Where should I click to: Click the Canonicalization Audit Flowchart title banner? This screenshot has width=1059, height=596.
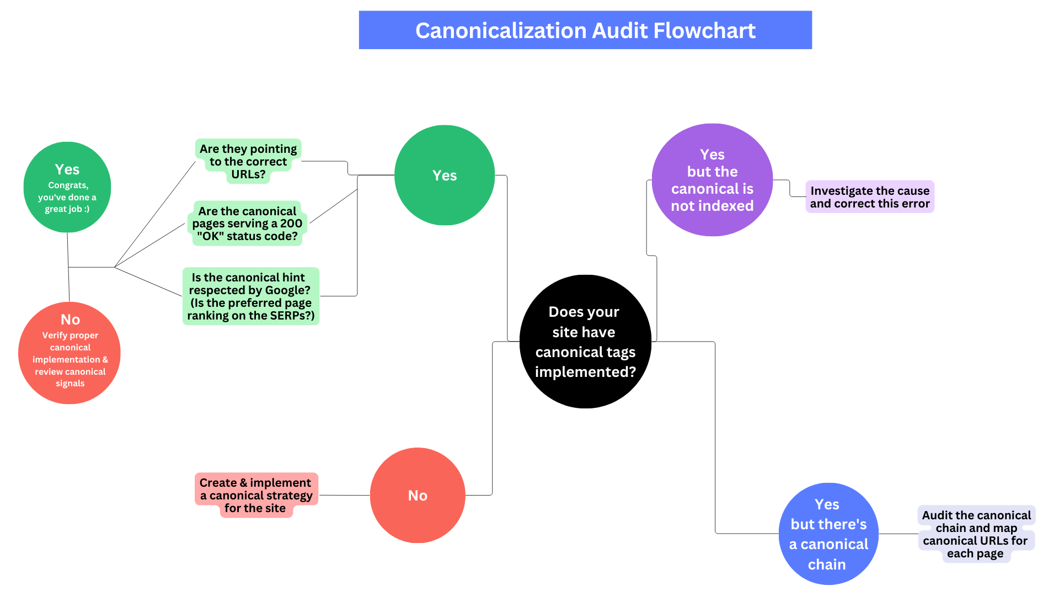tap(585, 30)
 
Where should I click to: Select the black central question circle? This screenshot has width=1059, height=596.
tap(585, 342)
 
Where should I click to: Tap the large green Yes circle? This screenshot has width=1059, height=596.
tap(445, 175)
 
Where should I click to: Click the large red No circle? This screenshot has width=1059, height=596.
tap(418, 495)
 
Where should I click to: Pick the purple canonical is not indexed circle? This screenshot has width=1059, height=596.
tap(712, 180)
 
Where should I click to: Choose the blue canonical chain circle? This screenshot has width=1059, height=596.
tap(828, 534)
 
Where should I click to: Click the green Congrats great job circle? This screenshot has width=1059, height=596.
tap(67, 187)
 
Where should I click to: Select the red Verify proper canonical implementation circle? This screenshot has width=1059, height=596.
tap(69, 353)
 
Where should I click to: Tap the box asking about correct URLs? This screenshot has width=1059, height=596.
tap(248, 161)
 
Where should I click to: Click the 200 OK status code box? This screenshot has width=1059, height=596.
tap(247, 223)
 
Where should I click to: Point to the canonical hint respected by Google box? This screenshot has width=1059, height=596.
tap(251, 296)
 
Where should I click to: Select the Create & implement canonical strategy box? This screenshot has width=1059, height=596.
tap(256, 495)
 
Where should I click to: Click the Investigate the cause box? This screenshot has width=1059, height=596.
tap(870, 197)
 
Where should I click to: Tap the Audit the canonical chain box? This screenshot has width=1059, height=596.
tap(976, 534)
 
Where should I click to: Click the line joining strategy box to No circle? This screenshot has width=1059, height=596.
tap(344, 495)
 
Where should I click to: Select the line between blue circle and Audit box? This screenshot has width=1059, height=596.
tap(898, 534)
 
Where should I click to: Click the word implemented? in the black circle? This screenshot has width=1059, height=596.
tap(585, 372)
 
